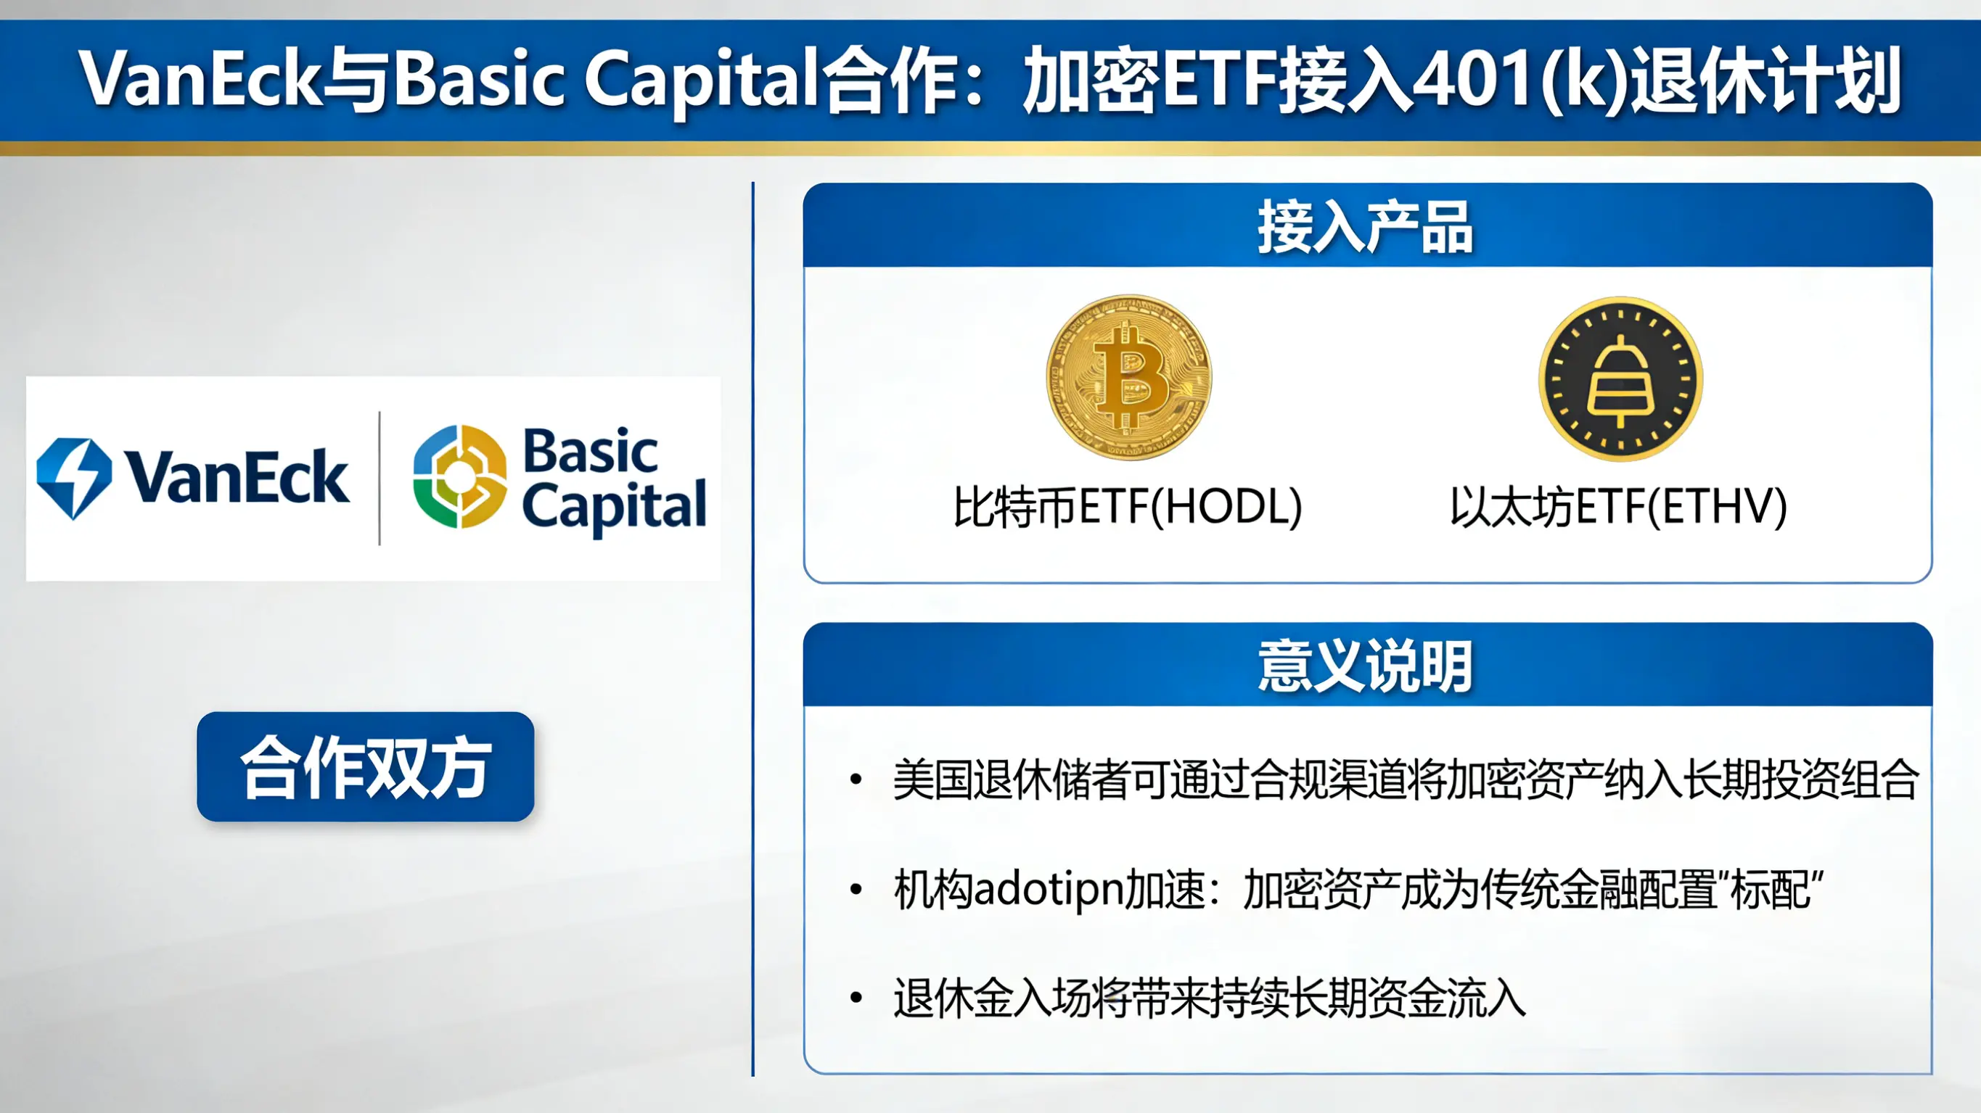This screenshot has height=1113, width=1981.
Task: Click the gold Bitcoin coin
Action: tap(1128, 378)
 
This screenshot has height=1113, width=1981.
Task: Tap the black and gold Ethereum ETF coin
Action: tap(1620, 379)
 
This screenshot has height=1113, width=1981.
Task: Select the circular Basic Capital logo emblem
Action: tap(460, 476)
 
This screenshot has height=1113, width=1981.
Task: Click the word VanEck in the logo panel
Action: tap(237, 477)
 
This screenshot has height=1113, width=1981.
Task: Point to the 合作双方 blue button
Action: tap(365, 766)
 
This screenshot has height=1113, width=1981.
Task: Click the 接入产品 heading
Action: tap(1365, 227)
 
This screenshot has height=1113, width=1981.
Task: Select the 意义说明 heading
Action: tap(1365, 666)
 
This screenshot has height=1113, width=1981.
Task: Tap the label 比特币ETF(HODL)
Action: tap(1128, 508)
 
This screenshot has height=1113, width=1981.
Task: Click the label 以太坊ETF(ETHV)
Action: tap(1618, 508)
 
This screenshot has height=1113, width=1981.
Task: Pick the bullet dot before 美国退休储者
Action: tap(856, 780)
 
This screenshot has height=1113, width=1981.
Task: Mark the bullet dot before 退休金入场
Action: tap(856, 998)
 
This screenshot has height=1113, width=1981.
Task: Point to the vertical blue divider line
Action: tap(753, 629)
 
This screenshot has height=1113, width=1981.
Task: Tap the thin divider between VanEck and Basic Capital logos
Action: tap(379, 478)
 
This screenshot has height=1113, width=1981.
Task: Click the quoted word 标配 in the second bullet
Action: tap(1771, 890)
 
